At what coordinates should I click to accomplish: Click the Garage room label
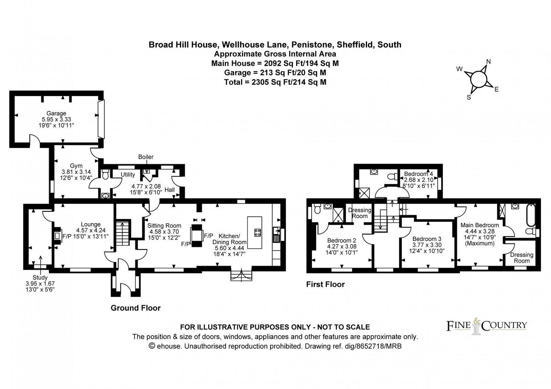(56, 113)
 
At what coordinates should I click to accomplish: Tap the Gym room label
(76, 166)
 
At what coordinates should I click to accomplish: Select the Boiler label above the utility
(146, 157)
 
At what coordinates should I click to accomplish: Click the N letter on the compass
(488, 62)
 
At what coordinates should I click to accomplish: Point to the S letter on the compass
(469, 97)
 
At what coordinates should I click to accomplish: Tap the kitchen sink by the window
(276, 234)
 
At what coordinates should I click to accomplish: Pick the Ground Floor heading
(135, 308)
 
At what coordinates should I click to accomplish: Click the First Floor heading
(325, 284)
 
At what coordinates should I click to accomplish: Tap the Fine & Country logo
(486, 326)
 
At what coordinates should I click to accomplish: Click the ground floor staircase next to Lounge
(123, 233)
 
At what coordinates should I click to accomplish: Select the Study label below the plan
(40, 277)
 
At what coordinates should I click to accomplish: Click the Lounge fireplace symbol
(57, 236)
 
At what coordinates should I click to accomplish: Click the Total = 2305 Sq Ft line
(275, 82)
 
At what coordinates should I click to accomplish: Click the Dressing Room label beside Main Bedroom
(521, 257)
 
